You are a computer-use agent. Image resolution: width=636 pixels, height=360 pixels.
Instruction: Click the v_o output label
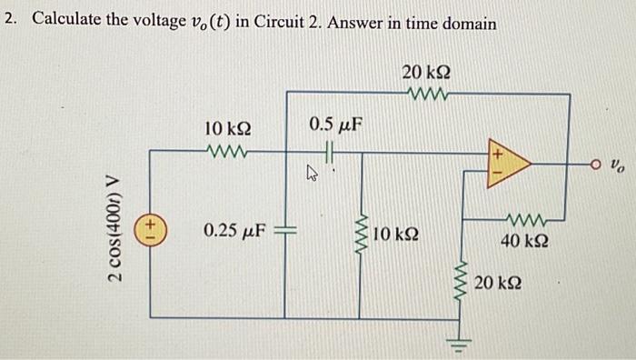(x=618, y=167)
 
